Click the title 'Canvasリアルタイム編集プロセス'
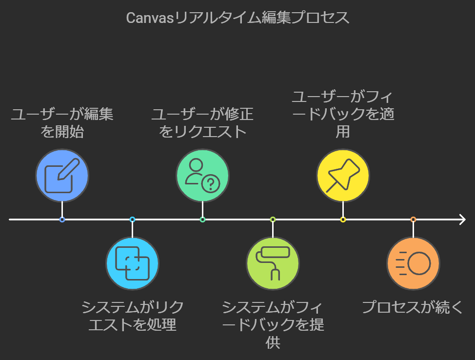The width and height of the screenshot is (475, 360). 237,18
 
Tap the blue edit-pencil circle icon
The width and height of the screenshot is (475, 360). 62,176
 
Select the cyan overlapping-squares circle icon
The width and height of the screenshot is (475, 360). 132,263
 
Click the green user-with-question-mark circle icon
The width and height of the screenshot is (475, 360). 203,176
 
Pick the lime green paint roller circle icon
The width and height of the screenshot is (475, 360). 273,263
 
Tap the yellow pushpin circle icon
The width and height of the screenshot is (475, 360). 343,176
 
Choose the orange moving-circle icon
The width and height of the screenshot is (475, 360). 413,263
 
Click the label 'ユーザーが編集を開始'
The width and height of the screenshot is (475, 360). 62,123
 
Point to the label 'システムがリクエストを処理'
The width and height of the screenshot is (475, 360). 132,316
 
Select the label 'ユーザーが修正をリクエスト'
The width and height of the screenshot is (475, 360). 203,123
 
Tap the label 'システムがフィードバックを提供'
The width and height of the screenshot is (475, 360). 273,324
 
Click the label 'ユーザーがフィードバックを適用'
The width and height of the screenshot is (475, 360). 343,114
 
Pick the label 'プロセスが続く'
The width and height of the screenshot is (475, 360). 413,307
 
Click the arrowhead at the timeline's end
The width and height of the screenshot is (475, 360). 463,220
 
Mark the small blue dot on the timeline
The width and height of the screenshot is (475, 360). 62,220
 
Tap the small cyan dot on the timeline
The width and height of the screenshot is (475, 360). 132,220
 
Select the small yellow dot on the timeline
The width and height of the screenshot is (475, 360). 343,220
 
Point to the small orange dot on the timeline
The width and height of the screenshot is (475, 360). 413,220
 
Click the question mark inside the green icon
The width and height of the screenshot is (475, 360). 211,183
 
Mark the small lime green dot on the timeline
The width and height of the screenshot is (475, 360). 273,220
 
